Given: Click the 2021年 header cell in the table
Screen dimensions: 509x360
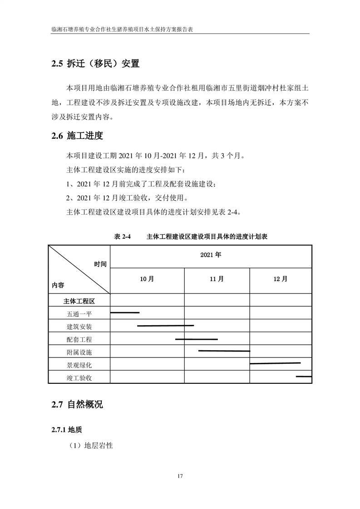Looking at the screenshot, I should (x=211, y=255).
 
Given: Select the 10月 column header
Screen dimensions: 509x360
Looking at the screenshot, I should (x=147, y=279).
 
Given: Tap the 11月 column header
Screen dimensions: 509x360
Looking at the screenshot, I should (x=217, y=279).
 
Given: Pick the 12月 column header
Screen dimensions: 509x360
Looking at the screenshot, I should (x=281, y=279).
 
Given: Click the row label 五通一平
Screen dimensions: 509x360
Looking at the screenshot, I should (x=79, y=313).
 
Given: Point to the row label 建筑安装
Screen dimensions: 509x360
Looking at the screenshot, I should (x=79, y=326).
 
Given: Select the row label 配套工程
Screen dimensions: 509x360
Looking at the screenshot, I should (x=79, y=339).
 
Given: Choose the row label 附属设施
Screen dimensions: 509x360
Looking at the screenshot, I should (x=79, y=352).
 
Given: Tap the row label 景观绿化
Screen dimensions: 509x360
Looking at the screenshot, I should (x=79, y=365).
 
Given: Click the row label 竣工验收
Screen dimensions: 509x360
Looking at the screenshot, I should (x=79, y=377).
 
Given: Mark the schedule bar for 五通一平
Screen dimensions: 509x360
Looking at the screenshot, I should (x=125, y=313).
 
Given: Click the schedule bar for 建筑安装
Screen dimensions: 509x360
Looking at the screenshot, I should (x=165, y=326).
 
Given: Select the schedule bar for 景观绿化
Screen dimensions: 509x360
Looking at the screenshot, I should (x=275, y=363).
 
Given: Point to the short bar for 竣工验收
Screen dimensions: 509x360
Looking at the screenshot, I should (x=304, y=377).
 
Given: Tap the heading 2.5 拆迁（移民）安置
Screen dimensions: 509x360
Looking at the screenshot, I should (x=95, y=64).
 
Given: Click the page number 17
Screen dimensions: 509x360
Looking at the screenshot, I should (x=180, y=476).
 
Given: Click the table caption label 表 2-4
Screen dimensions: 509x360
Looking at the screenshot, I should (x=122, y=237).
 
